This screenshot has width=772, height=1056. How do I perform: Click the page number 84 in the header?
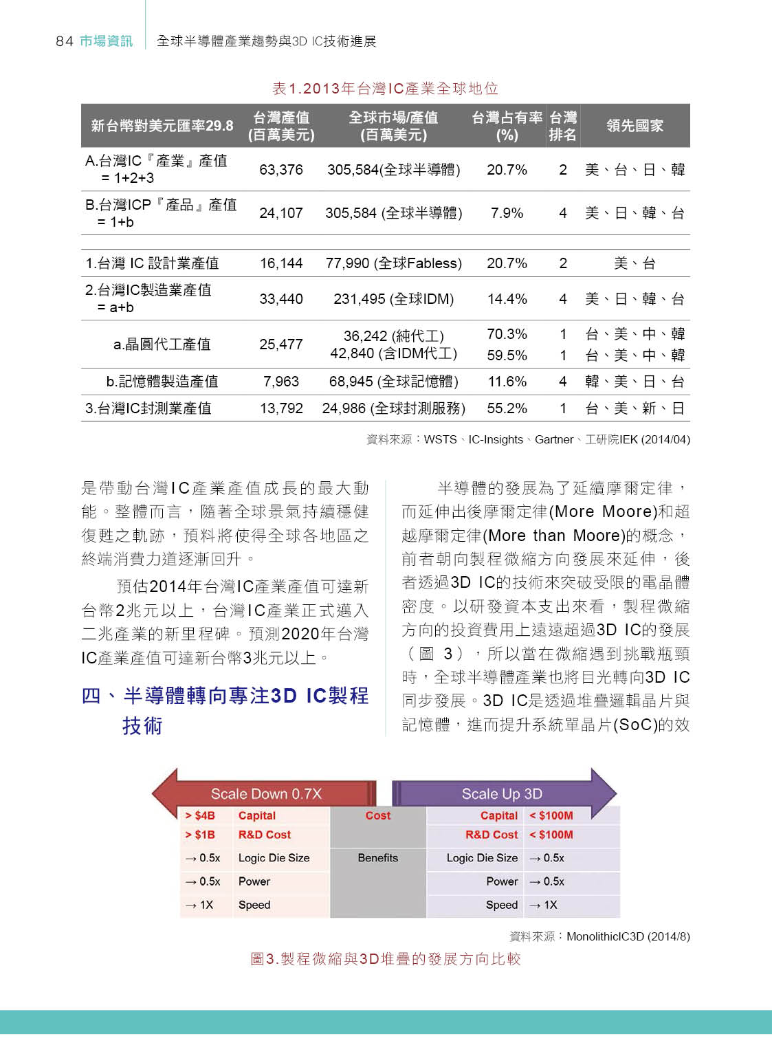pos(64,41)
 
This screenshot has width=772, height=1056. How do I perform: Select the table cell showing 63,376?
pos(280,170)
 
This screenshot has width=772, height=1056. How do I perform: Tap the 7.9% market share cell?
pos(507,213)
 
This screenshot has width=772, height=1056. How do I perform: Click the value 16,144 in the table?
pos(280,263)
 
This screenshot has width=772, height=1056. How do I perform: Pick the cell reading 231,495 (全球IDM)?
pos(393,299)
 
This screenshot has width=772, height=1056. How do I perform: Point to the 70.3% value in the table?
pos(507,334)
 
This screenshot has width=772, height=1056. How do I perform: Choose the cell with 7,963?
pos(280,382)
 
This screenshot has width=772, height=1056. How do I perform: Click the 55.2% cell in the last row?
pos(507,408)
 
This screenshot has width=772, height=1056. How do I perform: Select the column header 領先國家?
pos(635,126)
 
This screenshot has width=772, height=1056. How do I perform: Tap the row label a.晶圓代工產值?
pos(162,344)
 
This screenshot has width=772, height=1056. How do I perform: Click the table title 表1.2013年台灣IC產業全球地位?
pos(385,89)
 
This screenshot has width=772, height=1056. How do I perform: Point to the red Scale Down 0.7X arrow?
pos(265,794)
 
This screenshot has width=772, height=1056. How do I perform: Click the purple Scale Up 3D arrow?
pos(502,794)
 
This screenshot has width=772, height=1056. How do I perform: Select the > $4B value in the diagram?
pos(200,815)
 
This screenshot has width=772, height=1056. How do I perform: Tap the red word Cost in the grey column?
pos(377,815)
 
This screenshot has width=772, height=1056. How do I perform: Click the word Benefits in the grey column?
pos(377,858)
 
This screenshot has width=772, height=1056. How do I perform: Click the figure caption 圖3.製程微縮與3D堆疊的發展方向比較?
pos(386,959)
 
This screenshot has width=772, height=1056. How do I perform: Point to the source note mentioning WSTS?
pos(528,439)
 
